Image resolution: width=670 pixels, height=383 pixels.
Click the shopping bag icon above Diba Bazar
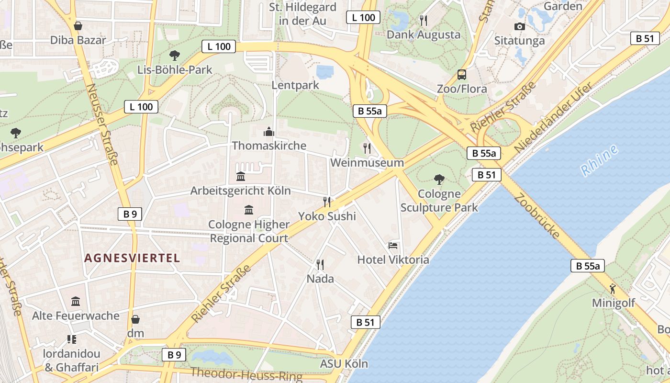tap(78, 25)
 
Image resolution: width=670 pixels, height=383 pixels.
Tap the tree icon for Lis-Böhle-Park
tap(174, 55)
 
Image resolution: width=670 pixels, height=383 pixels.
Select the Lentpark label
tap(295, 86)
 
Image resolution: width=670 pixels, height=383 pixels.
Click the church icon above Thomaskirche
tap(268, 131)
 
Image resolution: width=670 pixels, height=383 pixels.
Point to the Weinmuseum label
tap(367, 163)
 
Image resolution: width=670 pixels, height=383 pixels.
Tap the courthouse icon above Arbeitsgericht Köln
tap(241, 177)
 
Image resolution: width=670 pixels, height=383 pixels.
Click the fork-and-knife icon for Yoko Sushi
tap(327, 202)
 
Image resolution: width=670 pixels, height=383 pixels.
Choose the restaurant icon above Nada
tap(320, 264)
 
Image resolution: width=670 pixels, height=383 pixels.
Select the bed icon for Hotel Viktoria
tap(393, 246)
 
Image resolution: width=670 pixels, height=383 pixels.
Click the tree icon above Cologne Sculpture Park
tap(439, 180)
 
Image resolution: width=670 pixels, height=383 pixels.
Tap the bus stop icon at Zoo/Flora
tap(462, 75)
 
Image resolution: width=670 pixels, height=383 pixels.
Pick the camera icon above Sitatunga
tap(519, 26)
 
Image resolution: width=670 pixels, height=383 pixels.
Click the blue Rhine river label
tap(599, 160)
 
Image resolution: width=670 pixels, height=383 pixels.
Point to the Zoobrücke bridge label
tap(537, 216)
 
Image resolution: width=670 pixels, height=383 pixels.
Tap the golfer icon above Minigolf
tap(613, 288)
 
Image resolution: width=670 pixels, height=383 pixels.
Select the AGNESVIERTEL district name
tap(132, 259)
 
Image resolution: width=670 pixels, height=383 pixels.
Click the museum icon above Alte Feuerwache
tap(76, 302)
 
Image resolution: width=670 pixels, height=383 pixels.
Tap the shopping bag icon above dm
tap(135, 319)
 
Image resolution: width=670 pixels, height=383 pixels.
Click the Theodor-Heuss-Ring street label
tap(246, 374)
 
